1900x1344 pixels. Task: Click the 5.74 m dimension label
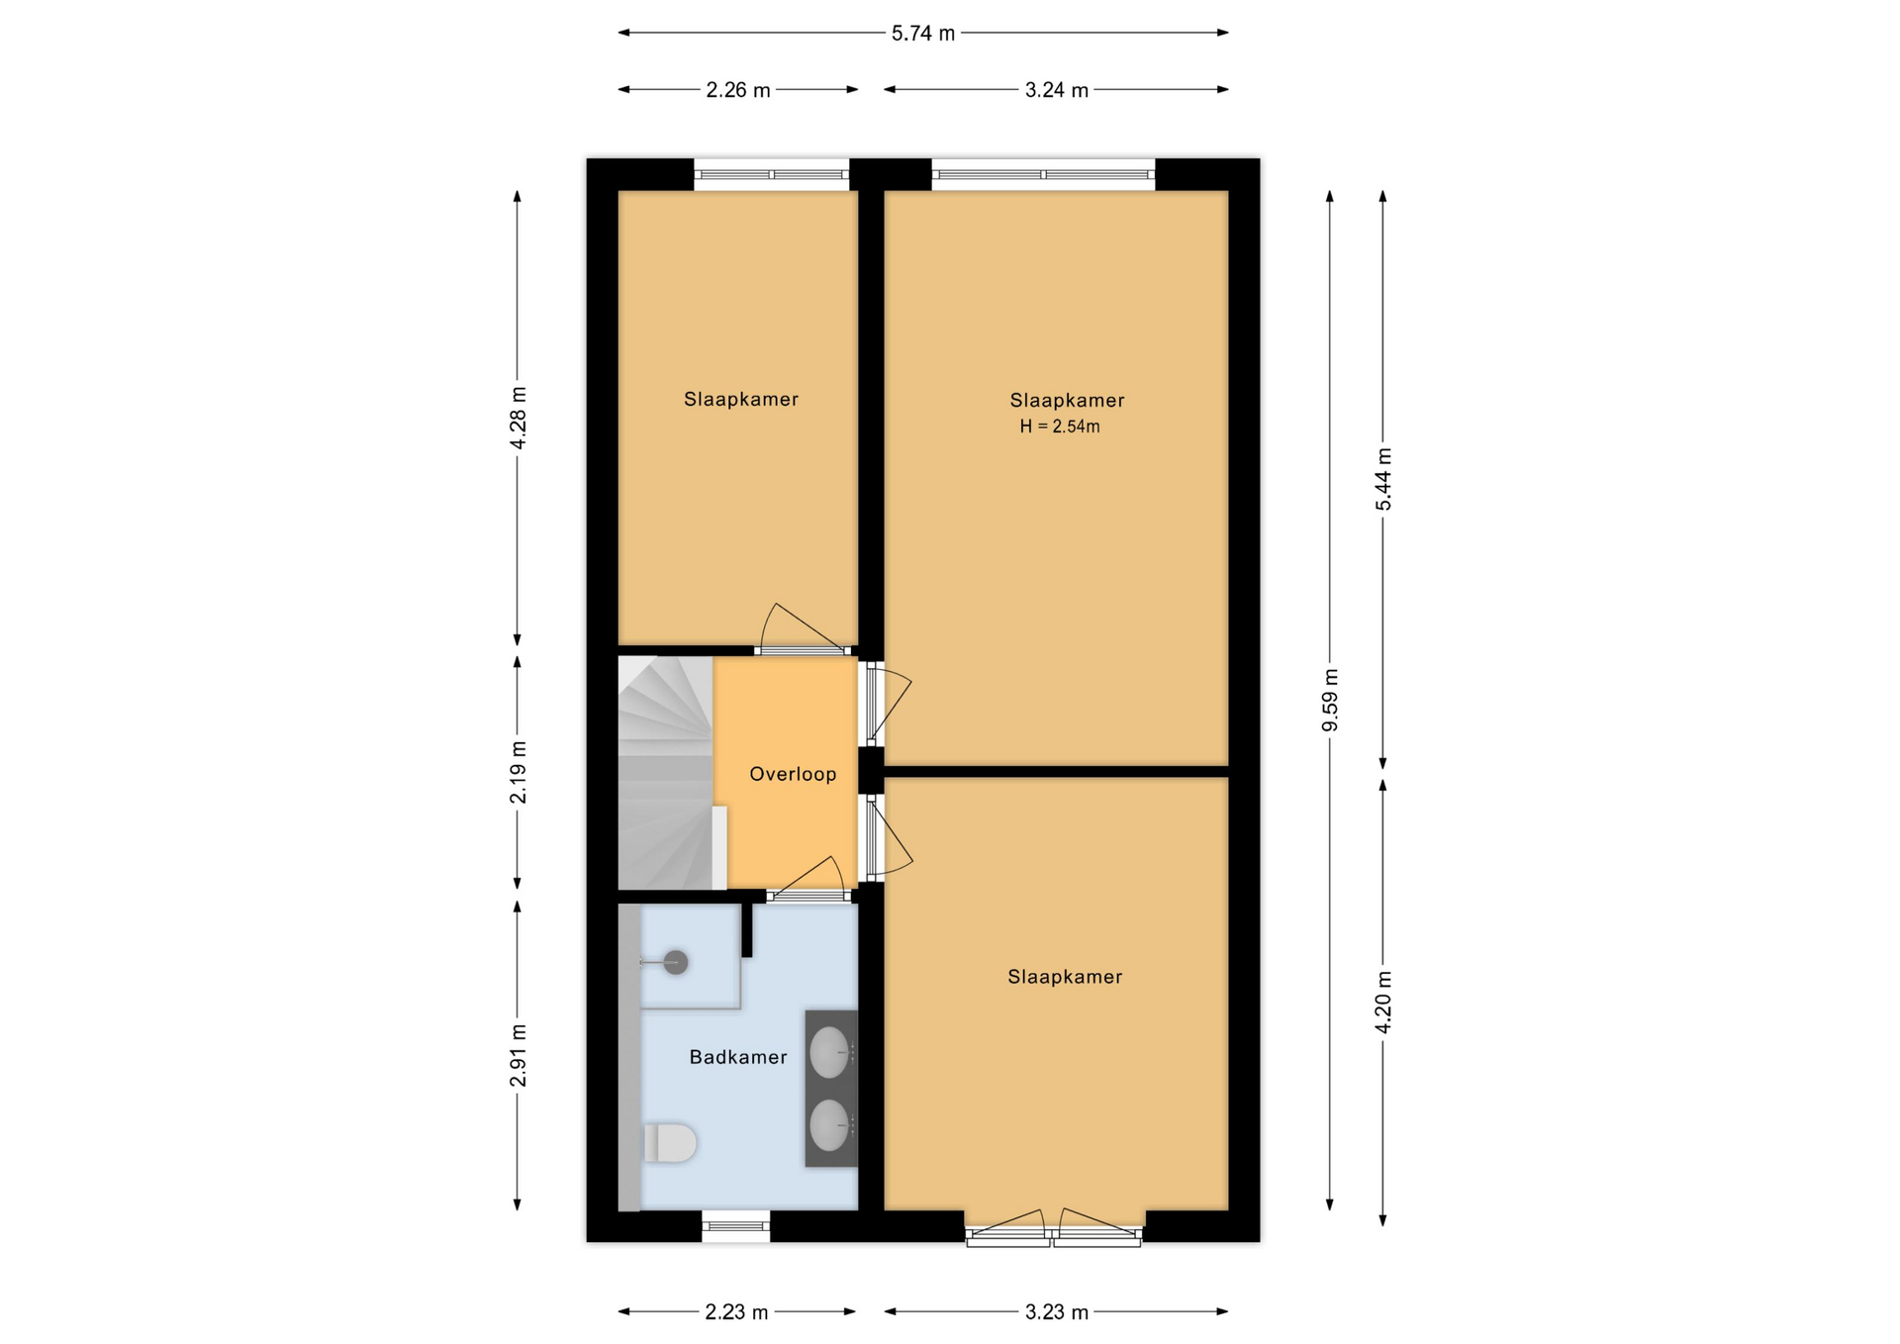point(923,34)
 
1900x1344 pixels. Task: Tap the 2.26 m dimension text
point(738,90)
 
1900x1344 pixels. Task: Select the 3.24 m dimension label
point(1057,90)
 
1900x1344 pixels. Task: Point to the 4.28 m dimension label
point(518,417)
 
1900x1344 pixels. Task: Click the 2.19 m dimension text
point(518,772)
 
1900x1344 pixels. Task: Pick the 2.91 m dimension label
point(518,1055)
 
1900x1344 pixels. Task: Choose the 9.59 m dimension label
point(1330,700)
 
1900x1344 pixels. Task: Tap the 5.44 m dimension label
point(1383,479)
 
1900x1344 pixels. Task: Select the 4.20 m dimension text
point(1383,1002)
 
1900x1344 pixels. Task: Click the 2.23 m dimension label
point(736,1312)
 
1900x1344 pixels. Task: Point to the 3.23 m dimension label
point(1057,1312)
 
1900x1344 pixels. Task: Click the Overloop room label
point(793,775)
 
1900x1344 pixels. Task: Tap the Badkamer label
point(738,1057)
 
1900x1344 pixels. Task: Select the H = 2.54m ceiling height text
point(1060,427)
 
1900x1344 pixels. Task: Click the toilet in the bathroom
point(670,1143)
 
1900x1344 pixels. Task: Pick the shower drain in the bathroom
point(676,962)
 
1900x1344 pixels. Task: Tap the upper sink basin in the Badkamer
point(829,1052)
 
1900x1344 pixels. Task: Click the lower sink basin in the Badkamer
point(829,1126)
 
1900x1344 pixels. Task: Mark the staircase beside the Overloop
point(666,773)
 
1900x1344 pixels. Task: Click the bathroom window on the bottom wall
point(736,1226)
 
